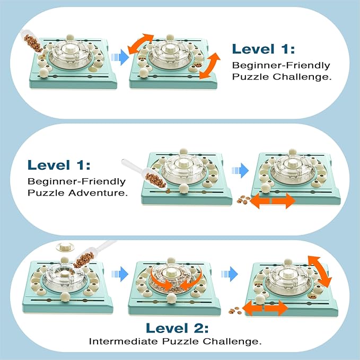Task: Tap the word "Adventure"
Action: point(99,193)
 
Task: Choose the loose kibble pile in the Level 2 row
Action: point(234,311)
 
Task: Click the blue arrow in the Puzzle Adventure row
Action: point(241,170)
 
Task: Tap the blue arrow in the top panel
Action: point(121,53)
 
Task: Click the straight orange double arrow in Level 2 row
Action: point(267,309)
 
